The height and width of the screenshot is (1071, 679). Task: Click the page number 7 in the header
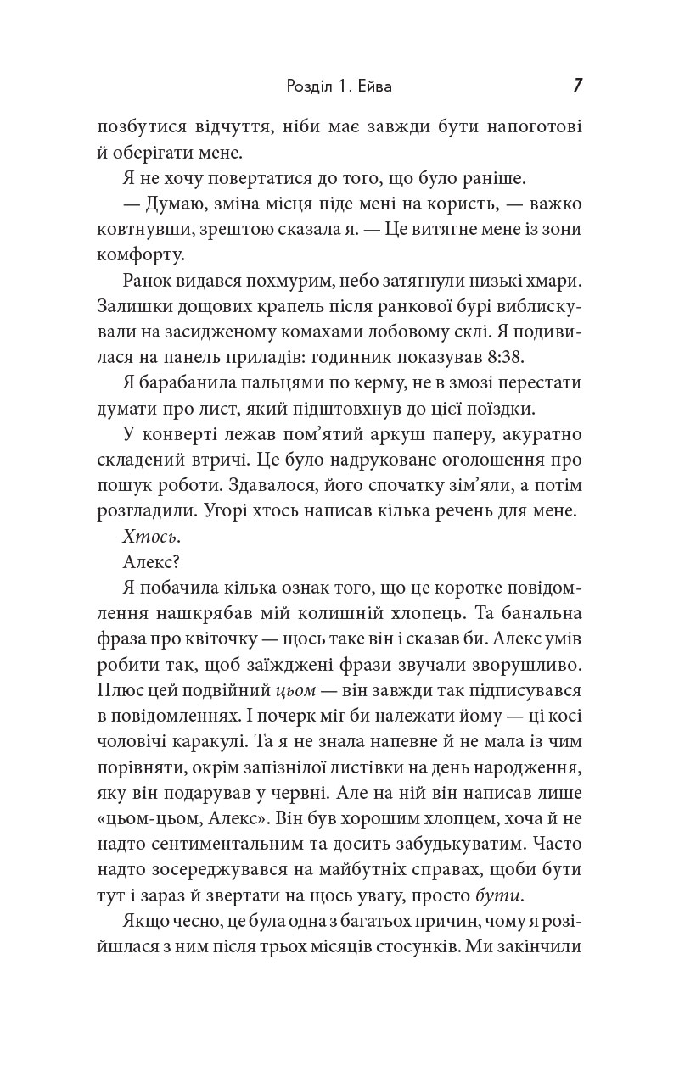pos(578,86)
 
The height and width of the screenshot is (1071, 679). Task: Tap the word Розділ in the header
pos(300,86)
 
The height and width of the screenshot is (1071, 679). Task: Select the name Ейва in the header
pos(377,86)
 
